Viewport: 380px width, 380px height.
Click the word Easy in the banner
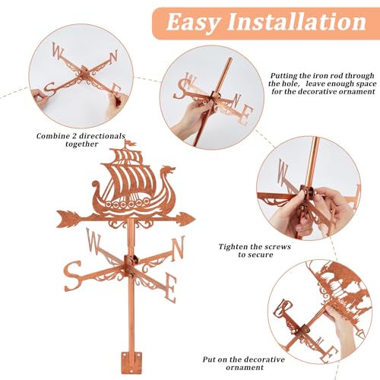click(193, 23)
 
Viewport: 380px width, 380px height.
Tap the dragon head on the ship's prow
click(169, 170)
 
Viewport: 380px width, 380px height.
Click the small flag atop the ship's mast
click(131, 144)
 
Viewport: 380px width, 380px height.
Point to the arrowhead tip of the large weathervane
click(195, 218)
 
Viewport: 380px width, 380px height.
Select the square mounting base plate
click(131, 363)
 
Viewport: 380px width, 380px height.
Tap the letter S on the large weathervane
click(73, 277)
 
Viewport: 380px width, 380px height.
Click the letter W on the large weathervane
click(93, 241)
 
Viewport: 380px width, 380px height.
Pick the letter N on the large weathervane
click(178, 249)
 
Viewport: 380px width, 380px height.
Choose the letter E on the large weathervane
click(170, 289)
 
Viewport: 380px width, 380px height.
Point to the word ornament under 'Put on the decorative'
click(245, 367)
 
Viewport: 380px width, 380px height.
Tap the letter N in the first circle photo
click(113, 56)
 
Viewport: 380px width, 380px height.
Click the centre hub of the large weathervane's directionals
click(131, 264)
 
